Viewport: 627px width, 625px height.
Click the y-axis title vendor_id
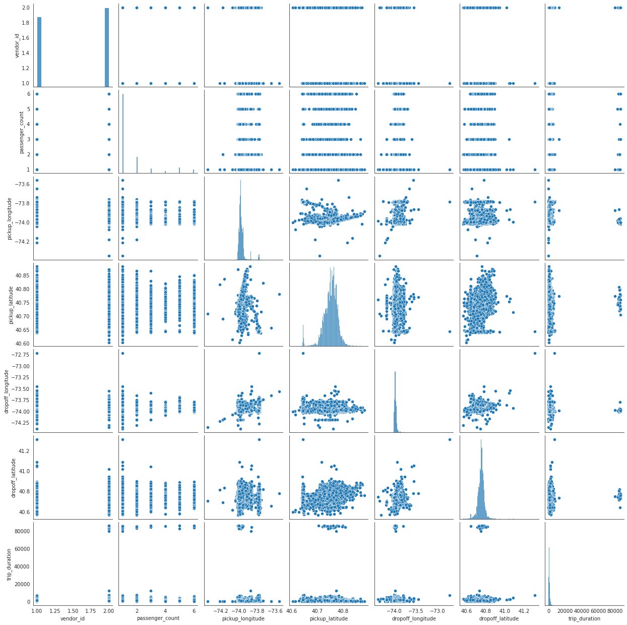click(17, 45)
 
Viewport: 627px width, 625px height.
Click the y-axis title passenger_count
click(21, 133)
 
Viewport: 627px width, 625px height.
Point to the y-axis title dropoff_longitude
click(7, 391)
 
